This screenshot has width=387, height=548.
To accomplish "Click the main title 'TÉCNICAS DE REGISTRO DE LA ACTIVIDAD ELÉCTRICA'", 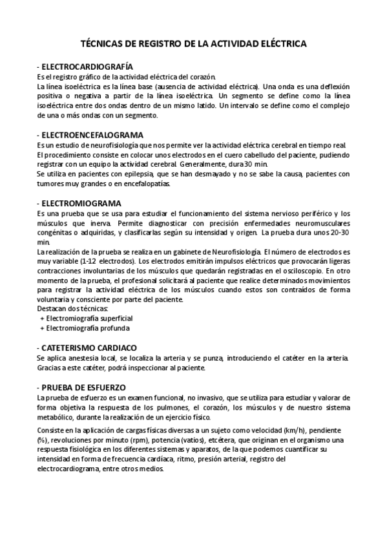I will (193, 43).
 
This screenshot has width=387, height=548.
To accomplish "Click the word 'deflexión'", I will (330, 86).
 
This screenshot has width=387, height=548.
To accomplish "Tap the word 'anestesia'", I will (84, 357).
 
